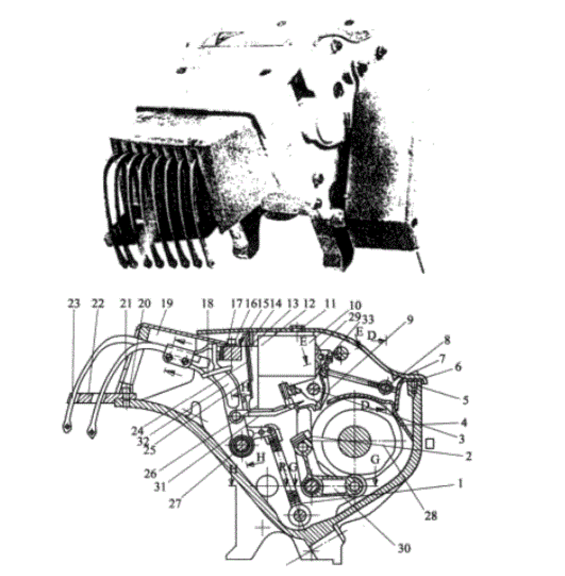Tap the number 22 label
tap(97, 303)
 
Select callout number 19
tap(168, 303)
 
